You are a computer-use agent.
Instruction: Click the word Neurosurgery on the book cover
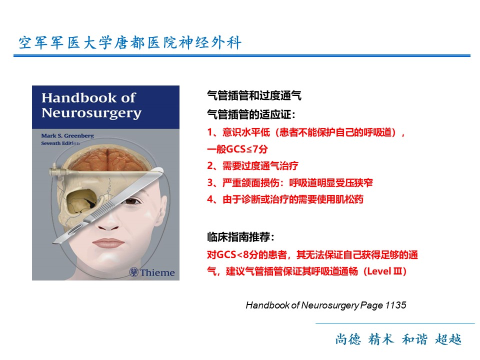click(x=91, y=113)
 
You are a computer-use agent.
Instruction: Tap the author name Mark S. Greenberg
click(x=67, y=135)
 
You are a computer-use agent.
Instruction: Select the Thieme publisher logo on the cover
click(x=152, y=272)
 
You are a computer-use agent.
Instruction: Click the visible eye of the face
click(x=131, y=201)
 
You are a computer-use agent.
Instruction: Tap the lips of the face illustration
click(x=108, y=243)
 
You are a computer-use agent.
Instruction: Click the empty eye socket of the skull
click(x=81, y=201)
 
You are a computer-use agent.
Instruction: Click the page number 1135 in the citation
click(x=395, y=305)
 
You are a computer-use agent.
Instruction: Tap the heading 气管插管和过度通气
click(x=254, y=95)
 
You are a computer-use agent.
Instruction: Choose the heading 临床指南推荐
click(x=240, y=237)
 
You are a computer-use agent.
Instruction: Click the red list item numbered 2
click(x=252, y=166)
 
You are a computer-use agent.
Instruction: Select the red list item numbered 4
click(x=285, y=199)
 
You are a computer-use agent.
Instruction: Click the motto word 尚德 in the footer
click(x=348, y=339)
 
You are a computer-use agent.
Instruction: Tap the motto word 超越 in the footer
click(x=448, y=339)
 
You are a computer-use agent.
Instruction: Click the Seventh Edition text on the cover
click(x=60, y=143)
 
